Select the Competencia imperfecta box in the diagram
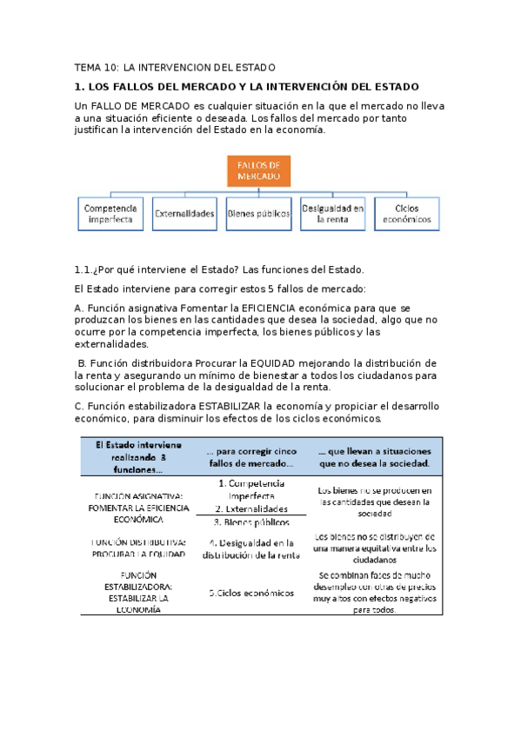click(x=110, y=214)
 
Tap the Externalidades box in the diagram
click(x=184, y=214)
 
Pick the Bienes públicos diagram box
click(x=258, y=214)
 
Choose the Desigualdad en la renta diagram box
click(x=332, y=214)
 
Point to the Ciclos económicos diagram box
click(x=406, y=214)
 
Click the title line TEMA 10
click(x=175, y=67)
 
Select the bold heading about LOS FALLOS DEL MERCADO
click(x=246, y=87)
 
